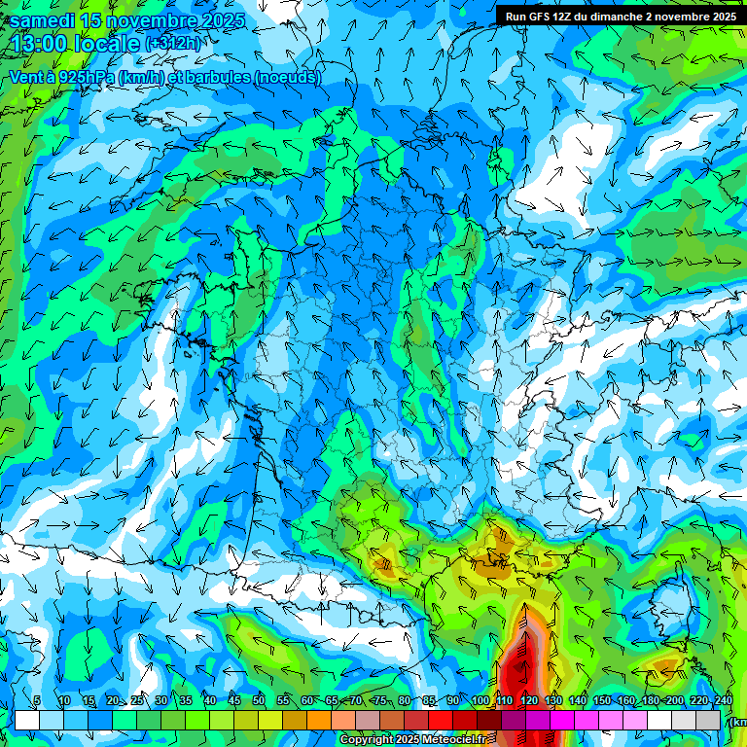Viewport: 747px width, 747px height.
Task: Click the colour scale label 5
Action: click(x=37, y=701)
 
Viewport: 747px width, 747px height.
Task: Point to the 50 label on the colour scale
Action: click(x=259, y=701)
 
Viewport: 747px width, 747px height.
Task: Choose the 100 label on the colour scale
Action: click(x=480, y=701)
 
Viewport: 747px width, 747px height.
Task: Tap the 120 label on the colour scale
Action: click(x=529, y=701)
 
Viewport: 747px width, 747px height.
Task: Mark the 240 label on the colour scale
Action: click(x=723, y=701)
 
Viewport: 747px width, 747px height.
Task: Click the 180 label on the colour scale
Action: click(x=653, y=701)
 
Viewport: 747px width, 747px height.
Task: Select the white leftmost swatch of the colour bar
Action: click(x=26, y=720)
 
